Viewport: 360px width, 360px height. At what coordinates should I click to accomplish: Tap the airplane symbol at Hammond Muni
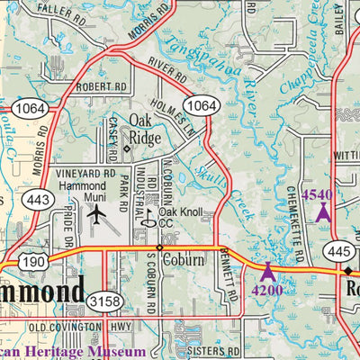[x=97, y=215]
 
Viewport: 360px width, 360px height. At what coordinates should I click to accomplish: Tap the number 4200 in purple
[x=266, y=290]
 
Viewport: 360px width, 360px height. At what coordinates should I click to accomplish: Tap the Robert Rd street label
[x=101, y=87]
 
